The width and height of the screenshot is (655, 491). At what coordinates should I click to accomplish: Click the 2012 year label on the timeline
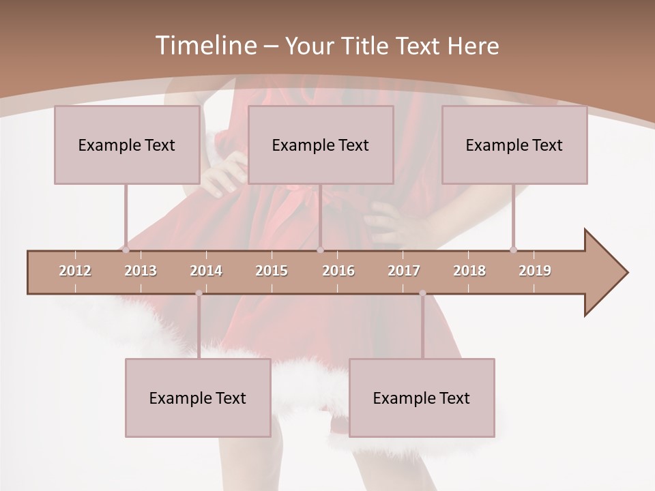(75, 271)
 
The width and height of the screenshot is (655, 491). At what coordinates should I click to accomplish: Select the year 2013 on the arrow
(141, 271)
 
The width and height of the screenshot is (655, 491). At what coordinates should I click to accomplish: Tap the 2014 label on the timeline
(206, 271)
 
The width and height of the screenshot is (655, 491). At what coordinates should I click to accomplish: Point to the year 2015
(272, 271)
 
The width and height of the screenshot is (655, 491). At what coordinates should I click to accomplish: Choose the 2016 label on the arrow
(338, 271)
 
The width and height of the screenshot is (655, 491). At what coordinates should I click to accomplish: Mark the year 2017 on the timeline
(404, 271)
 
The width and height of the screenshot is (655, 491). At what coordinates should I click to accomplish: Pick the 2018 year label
(469, 271)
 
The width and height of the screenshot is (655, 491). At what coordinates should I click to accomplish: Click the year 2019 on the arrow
(535, 271)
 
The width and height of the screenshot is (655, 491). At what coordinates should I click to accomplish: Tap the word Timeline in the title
(205, 46)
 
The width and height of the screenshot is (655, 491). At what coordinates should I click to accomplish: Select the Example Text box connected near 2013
(127, 145)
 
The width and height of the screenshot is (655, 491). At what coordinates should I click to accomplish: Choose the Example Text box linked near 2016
(321, 145)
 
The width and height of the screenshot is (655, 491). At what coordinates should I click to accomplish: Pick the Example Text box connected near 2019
(514, 145)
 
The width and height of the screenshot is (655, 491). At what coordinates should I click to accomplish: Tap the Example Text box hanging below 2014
(198, 398)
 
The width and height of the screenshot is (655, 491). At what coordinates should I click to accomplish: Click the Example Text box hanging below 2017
(422, 398)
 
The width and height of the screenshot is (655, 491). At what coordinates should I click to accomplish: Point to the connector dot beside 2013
(126, 250)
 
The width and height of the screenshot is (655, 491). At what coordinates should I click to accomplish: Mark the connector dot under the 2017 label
(422, 293)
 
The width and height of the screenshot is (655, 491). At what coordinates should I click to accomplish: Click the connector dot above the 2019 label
(513, 250)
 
